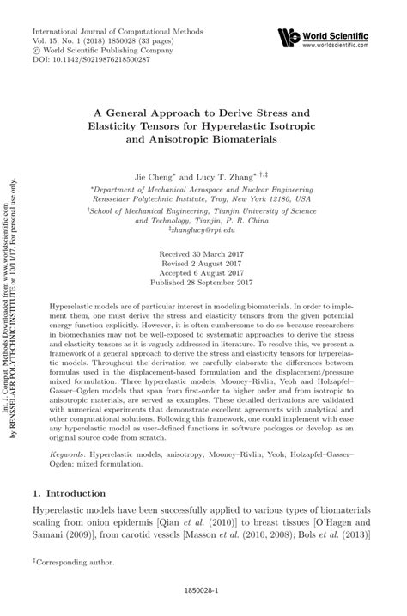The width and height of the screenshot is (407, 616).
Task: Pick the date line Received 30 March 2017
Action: tap(203, 257)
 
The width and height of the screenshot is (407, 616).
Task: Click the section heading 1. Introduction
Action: tap(77, 494)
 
